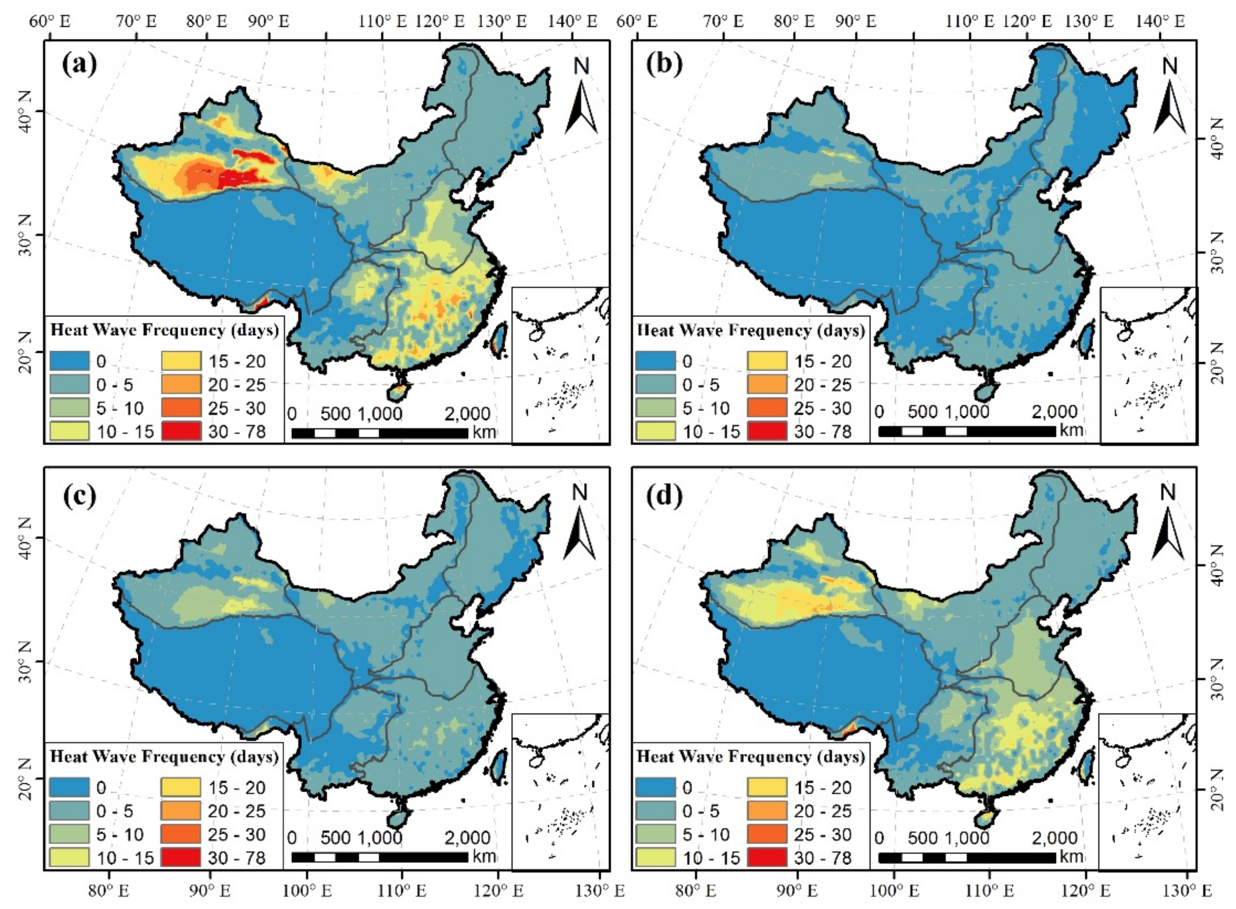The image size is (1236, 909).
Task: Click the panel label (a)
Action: click(x=80, y=65)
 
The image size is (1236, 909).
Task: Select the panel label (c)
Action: click(x=80, y=496)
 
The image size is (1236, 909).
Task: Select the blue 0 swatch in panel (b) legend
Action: click(x=655, y=361)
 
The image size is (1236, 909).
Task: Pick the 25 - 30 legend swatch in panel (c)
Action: click(x=181, y=834)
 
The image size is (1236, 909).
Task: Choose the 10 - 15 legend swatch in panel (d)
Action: click(x=655, y=857)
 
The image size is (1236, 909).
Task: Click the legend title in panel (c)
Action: click(x=164, y=757)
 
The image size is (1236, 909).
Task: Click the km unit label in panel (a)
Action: click(x=484, y=432)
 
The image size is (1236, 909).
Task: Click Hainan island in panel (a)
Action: click(x=399, y=393)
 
